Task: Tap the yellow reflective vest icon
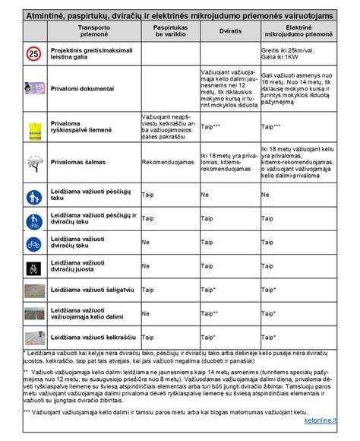pos(33,128)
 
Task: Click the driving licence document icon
pos(33,88)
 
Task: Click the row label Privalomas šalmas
pos(83,162)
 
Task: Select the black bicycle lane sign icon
pos(33,268)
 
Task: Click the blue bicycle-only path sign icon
pos(33,245)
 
